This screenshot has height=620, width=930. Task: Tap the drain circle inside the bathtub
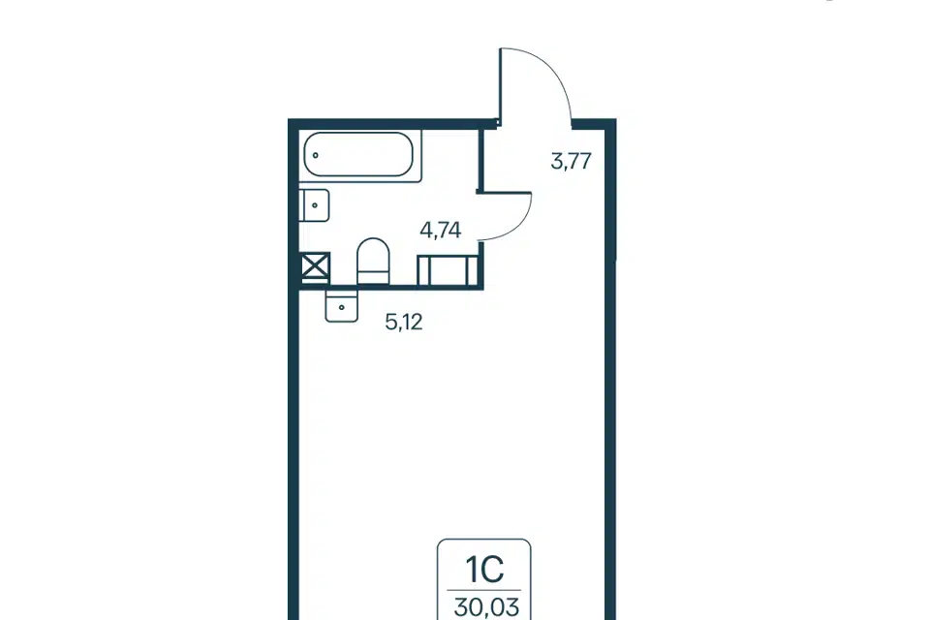pos(316,155)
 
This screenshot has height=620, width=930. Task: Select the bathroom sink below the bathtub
pos(314,205)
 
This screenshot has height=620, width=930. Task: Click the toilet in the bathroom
pos(373,262)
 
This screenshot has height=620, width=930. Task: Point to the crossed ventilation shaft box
pos(315,266)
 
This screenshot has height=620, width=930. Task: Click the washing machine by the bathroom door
pos(448,270)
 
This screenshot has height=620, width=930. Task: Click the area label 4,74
pos(441,230)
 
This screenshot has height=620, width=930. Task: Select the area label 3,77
pos(572,161)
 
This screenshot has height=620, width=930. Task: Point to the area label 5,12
pos(404,323)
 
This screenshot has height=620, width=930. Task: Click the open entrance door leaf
pos(501,86)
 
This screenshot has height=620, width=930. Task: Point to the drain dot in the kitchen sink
pos(342,307)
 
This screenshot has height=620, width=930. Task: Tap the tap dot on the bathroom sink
pos(315,205)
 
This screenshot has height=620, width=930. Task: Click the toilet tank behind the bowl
pos(373,278)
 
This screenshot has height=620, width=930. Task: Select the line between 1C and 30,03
pos(484,590)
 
